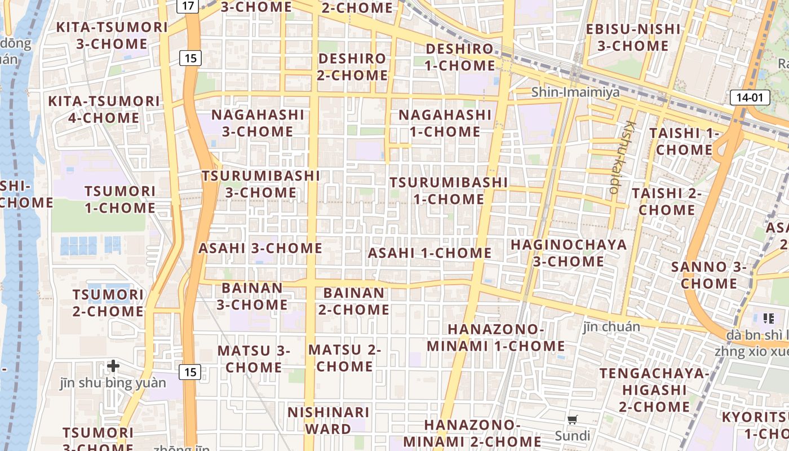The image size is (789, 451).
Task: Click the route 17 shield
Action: tap(188, 6)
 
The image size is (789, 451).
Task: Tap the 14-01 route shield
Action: tap(750, 98)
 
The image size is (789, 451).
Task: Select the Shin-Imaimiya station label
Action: tap(575, 92)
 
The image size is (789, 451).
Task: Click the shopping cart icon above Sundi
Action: tap(573, 419)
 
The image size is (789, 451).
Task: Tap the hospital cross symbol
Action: tap(113, 366)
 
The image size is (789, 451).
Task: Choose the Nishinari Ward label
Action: tap(328, 421)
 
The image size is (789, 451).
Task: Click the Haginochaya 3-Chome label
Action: tap(569, 253)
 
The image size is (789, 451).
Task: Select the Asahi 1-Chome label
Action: tap(429, 253)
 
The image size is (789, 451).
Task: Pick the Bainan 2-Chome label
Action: tap(354, 301)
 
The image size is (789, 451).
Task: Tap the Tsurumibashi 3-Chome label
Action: tap(261, 184)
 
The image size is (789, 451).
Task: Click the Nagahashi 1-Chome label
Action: tap(445, 123)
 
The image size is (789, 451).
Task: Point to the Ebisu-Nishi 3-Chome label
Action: tap(632, 37)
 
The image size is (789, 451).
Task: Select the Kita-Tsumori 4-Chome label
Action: tap(104, 109)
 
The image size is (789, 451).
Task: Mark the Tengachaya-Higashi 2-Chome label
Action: tap(654, 390)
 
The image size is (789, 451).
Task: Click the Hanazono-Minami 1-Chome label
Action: tap(496, 337)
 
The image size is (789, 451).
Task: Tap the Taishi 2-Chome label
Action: tap(667, 201)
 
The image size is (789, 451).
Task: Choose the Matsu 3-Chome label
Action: tap(254, 359)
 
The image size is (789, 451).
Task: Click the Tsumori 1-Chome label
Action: tap(119, 199)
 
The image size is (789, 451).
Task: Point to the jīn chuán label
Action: tap(611, 326)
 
